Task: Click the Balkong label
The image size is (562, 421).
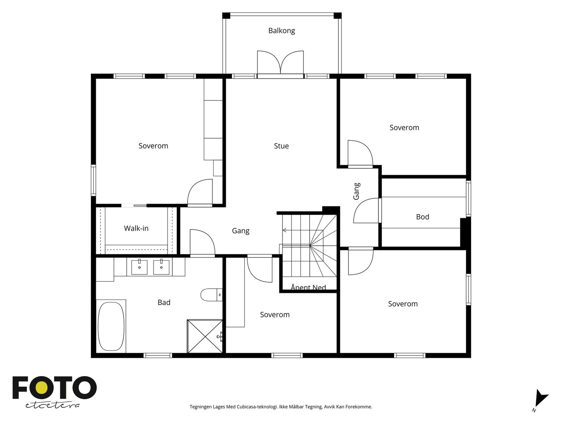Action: pyautogui.click(x=281, y=31)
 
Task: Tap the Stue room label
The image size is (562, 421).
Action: pyautogui.click(x=281, y=146)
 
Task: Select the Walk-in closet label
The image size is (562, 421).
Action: pyautogui.click(x=136, y=228)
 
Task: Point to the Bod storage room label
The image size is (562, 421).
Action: pyautogui.click(x=423, y=217)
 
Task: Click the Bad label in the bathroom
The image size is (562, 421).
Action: pyautogui.click(x=164, y=302)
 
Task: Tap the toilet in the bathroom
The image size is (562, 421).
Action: pyautogui.click(x=211, y=295)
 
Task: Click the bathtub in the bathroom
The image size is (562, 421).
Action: pyautogui.click(x=111, y=326)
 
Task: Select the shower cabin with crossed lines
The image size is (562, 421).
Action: pyautogui.click(x=205, y=336)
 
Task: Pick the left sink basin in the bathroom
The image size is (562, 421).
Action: pyautogui.click(x=139, y=267)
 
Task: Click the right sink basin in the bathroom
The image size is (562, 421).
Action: pyautogui.click(x=161, y=267)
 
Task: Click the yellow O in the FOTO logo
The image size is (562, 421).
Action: pyautogui.click(x=42, y=388)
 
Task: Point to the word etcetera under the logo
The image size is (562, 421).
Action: pyautogui.click(x=52, y=406)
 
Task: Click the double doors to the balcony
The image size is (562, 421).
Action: pyautogui.click(x=280, y=65)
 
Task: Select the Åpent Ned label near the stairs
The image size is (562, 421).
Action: pyautogui.click(x=308, y=287)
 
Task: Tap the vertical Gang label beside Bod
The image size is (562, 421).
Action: pyautogui.click(x=357, y=191)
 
